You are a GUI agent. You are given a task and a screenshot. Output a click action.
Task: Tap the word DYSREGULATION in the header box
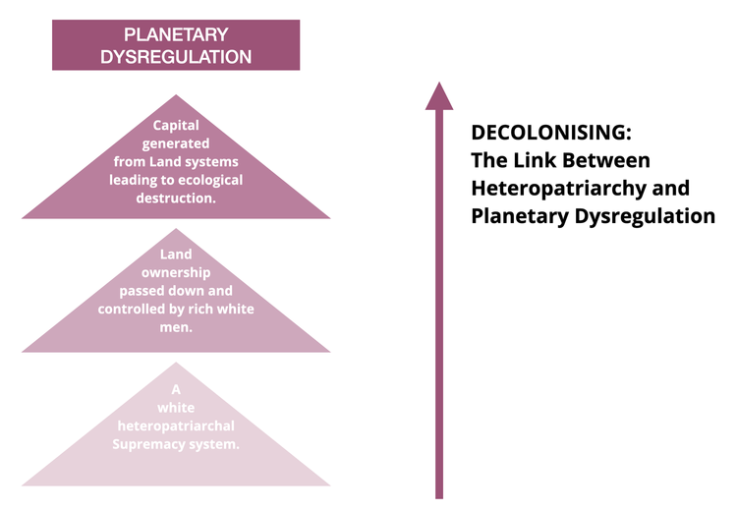(176, 56)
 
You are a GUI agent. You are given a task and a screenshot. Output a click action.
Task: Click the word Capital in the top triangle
(176, 125)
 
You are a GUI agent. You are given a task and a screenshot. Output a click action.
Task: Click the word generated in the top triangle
(176, 143)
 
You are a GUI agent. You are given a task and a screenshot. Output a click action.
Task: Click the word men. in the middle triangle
(176, 326)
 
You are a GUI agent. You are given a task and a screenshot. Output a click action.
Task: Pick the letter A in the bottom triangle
(176, 389)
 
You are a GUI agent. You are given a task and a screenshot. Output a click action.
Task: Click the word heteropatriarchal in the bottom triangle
(176, 426)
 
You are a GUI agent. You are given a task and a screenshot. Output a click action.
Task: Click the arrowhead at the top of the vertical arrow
(439, 95)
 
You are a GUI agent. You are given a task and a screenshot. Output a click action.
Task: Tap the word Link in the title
(529, 159)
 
